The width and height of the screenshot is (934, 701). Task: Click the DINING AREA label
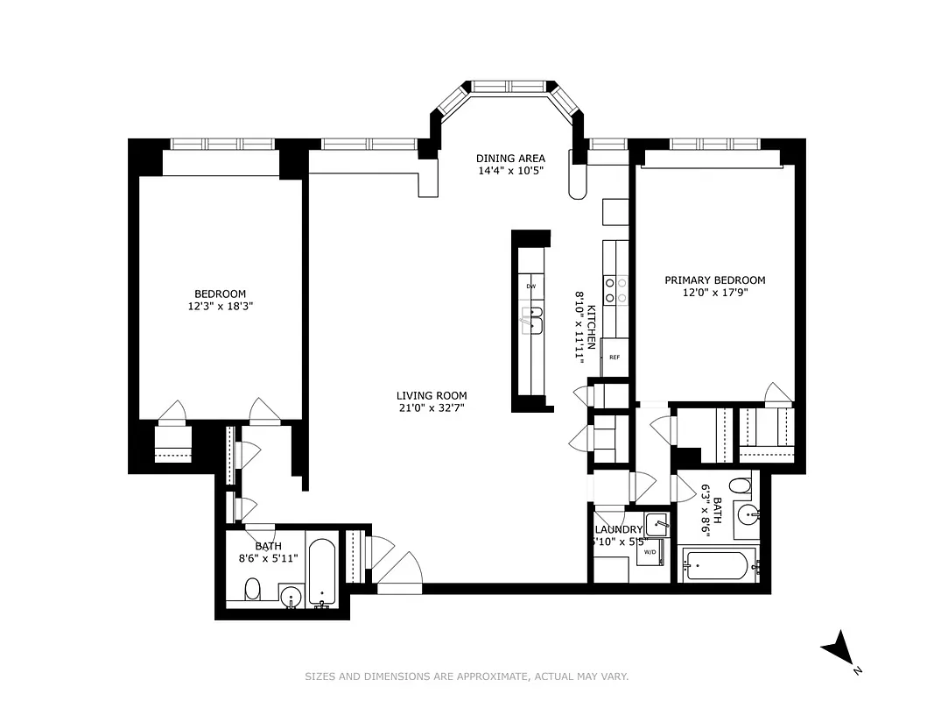coord(510,159)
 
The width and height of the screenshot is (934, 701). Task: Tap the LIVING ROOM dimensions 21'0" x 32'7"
coord(432,407)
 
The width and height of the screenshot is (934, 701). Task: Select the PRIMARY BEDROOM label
coord(714,280)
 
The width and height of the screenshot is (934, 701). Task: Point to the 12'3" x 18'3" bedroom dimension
coord(221,307)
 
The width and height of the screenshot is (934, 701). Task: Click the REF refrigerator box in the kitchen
coord(614,358)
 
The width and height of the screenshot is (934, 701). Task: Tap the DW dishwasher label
coord(530,287)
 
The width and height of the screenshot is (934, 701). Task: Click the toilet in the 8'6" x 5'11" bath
coord(252,588)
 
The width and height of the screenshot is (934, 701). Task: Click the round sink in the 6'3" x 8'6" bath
coord(746,514)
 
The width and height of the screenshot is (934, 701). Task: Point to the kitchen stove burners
coord(615,290)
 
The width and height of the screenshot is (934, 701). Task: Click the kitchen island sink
coord(530,322)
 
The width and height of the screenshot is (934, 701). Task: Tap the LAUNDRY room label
coord(618,530)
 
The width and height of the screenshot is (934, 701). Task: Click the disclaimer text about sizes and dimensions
coord(467,676)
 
